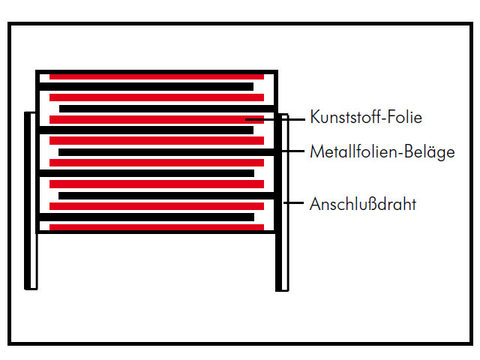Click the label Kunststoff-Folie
point(366,118)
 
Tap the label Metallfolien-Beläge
point(382,152)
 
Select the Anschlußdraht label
point(362,203)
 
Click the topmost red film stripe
point(157,76)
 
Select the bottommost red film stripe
point(157,227)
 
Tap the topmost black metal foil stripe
point(147,87)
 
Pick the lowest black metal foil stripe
point(147,217)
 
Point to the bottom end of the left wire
point(31,286)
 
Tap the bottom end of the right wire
point(282,288)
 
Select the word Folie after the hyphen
point(405,118)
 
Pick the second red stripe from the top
point(157,97)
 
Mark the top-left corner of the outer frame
point(10,23)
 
